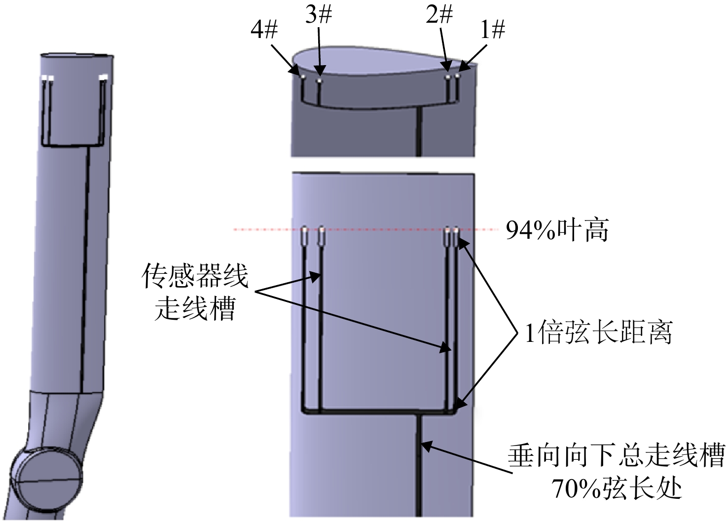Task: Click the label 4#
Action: click(264, 31)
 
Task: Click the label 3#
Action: click(319, 15)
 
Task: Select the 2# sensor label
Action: click(439, 15)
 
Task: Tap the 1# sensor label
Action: click(493, 31)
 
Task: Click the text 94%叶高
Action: click(557, 230)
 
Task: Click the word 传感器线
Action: click(195, 276)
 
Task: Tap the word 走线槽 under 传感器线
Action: click(195, 309)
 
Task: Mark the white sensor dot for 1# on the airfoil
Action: click(458, 75)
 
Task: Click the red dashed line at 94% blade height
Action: click(366, 229)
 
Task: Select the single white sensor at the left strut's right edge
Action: click(104, 78)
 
